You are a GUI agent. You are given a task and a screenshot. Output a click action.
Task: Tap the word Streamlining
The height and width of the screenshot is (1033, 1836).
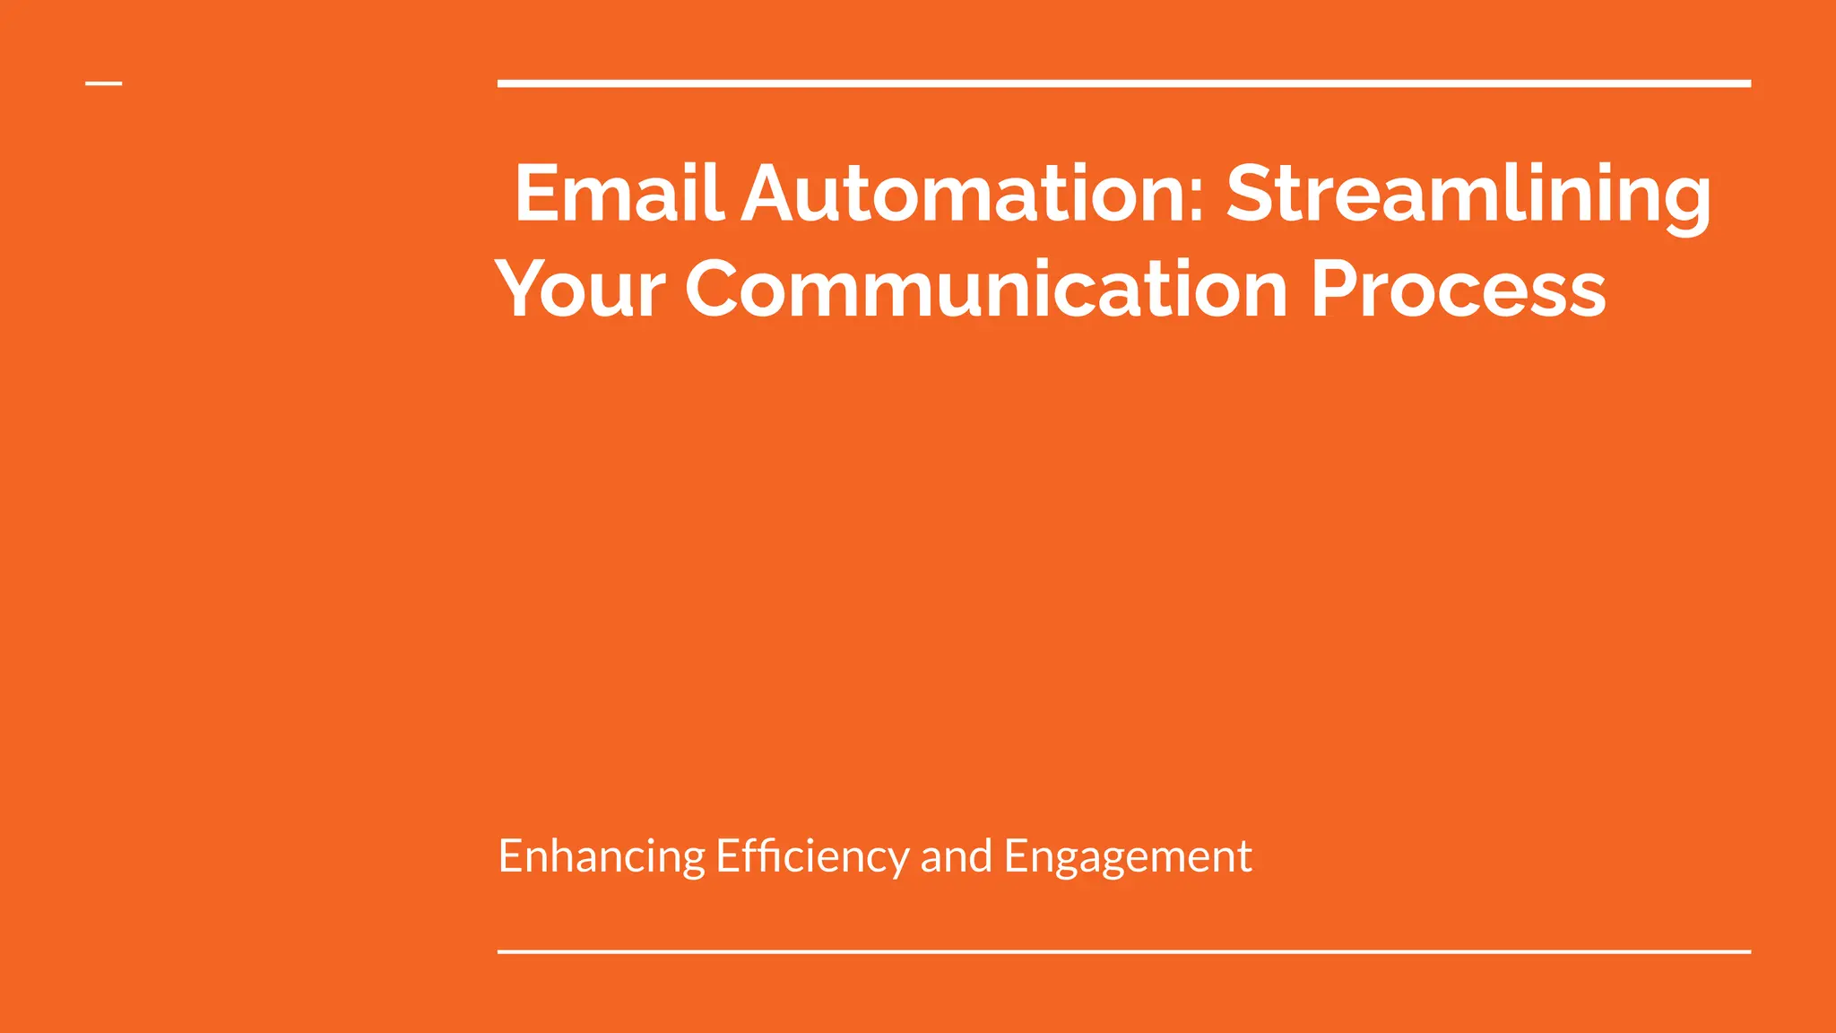[x=1468, y=195]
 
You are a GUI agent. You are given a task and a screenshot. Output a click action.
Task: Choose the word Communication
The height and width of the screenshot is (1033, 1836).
[x=987, y=289]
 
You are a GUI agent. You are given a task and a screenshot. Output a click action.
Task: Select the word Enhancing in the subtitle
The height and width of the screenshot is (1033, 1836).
[x=602, y=856]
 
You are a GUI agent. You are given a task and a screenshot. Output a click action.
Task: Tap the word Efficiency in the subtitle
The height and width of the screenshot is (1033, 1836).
[x=812, y=856]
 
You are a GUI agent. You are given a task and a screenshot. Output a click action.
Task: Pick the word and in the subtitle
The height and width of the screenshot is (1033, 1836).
[x=956, y=856]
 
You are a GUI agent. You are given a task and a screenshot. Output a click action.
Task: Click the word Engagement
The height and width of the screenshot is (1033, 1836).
[x=1128, y=856]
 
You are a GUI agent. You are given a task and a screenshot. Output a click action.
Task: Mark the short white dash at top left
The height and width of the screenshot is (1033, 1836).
[x=104, y=83]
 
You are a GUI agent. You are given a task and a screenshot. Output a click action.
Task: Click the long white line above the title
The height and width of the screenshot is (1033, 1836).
[x=1124, y=83]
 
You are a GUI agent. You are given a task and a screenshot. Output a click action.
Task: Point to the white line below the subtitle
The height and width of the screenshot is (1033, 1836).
[x=1124, y=951]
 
